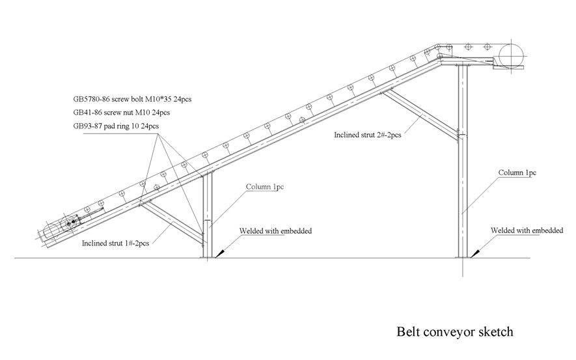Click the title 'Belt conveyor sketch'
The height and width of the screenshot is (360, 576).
pyautogui.click(x=455, y=331)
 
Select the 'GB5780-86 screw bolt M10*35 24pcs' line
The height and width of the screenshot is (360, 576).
pyautogui.click(x=132, y=100)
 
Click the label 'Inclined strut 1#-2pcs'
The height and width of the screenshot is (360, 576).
pyautogui.click(x=116, y=243)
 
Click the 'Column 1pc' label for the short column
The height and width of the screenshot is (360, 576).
pyautogui.click(x=265, y=187)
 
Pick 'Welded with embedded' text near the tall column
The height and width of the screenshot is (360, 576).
pyautogui.click(x=527, y=230)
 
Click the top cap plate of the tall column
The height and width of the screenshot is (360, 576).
pyautogui.click(x=463, y=64)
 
